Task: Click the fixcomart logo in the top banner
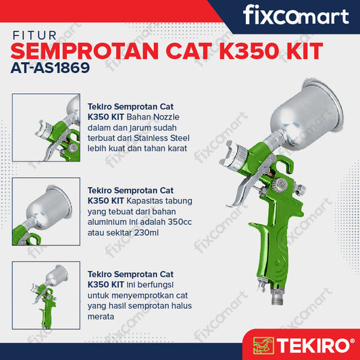tap(296, 15)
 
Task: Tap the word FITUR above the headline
tap(34, 36)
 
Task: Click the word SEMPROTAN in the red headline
tap(84, 51)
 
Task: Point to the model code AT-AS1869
tap(50, 68)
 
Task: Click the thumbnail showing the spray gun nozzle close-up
tap(46, 128)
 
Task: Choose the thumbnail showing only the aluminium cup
tap(46, 211)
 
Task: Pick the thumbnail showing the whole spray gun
tap(46, 295)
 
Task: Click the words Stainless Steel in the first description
tap(161, 138)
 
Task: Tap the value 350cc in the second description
tap(180, 222)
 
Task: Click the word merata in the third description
tap(101, 317)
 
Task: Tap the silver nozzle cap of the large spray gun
tap(233, 156)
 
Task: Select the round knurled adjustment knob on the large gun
tap(280, 185)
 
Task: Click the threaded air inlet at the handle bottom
tap(278, 297)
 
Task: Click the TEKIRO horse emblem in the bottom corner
tap(263, 345)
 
